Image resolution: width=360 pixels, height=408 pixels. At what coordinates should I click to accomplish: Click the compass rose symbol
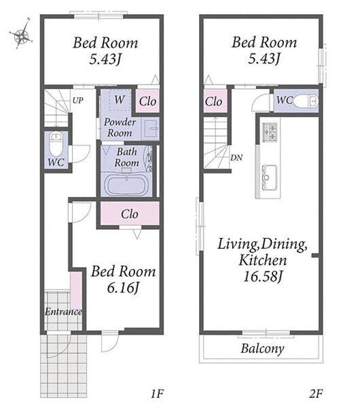tap(22, 34)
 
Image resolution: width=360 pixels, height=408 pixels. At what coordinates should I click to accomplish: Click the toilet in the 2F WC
tap(306, 101)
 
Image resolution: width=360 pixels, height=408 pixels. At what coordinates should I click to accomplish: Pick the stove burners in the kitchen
tap(270, 132)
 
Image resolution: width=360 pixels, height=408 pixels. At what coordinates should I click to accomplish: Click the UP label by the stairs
tap(77, 101)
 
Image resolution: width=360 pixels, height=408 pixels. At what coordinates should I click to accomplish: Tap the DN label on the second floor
tap(236, 158)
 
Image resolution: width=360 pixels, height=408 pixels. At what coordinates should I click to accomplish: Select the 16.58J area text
tap(262, 276)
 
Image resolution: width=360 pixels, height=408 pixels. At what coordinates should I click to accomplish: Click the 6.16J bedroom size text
tap(123, 288)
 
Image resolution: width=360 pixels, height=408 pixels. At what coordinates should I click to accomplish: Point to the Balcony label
tap(262, 349)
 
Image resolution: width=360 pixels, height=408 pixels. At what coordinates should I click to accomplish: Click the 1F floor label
tap(158, 394)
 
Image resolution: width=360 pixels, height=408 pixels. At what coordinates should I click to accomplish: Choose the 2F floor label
tap(316, 394)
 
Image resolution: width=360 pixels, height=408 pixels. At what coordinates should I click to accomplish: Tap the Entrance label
tap(63, 311)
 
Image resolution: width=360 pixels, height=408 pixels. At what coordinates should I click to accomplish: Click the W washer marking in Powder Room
tap(120, 99)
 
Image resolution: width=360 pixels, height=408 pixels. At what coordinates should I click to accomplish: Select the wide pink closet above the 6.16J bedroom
tap(130, 214)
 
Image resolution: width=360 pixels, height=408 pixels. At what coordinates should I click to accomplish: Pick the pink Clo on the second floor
tap(214, 101)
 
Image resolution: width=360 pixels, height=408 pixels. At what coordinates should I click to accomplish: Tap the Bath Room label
tap(126, 157)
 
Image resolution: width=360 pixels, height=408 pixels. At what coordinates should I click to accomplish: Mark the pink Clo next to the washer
tap(147, 101)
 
